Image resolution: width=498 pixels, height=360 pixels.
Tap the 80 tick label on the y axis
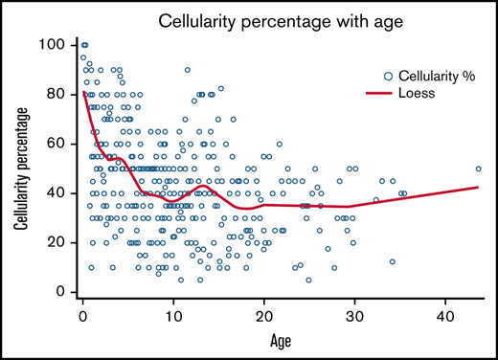coord(58,95)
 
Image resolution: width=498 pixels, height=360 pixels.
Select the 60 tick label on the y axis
coord(58,144)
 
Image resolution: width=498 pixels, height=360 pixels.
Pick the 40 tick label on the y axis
coord(58,193)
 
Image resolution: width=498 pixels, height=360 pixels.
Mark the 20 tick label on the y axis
coord(58,242)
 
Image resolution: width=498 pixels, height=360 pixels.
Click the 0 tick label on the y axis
coord(62,292)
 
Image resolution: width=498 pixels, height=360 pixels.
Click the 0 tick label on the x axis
coord(83,314)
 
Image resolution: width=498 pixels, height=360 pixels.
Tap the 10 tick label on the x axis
coord(173,314)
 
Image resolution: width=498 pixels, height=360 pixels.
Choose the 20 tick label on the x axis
coord(264,314)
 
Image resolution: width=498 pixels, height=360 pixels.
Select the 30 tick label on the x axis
coord(354,314)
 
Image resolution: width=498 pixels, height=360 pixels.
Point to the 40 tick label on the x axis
coord(444,314)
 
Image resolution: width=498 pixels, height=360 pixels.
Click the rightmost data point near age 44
coord(479,169)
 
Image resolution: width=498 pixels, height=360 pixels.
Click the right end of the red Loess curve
coord(479,187)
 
